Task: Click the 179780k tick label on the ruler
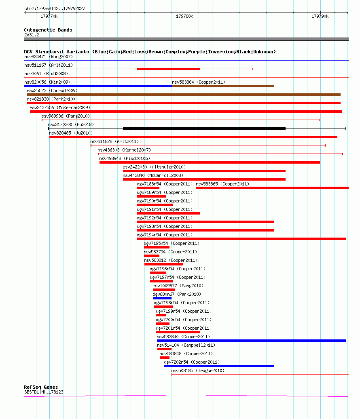184,16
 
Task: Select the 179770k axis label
49,16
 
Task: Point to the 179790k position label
320,16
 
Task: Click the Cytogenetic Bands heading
48,30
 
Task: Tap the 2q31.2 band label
32,35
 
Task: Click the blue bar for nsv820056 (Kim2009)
98,86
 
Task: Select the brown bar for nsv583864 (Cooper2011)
223,86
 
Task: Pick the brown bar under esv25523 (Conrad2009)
184,95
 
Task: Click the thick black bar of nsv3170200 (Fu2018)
204,128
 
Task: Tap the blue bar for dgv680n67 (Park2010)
162,298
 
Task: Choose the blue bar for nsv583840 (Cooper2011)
252,341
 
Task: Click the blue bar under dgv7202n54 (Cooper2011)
219,366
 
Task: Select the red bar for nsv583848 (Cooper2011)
165,358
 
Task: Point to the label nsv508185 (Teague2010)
198,371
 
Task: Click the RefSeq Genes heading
41,387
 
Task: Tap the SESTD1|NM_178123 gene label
44,392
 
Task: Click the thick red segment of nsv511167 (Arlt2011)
169,69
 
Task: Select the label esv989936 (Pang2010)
66,116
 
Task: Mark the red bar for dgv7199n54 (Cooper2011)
161,315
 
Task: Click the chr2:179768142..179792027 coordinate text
55,8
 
